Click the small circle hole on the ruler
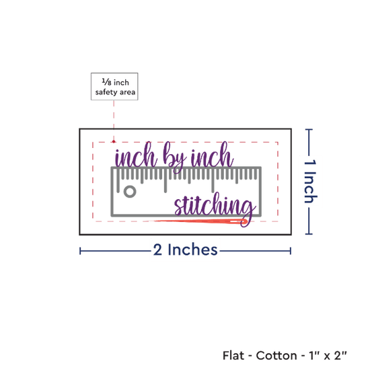[x=130, y=191]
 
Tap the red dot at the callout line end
[x=114, y=141]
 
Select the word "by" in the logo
[x=174, y=157]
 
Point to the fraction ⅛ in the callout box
[x=107, y=82]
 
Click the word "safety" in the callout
[x=106, y=92]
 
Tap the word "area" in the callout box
[x=127, y=92]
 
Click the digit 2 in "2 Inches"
[x=157, y=250]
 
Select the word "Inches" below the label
[x=192, y=250]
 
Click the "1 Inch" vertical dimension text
[x=310, y=181]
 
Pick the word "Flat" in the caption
[x=233, y=355]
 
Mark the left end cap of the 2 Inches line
[x=80, y=251]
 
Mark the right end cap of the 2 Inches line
[x=291, y=251]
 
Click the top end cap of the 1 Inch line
[x=309, y=129]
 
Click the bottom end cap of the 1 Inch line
[x=309, y=234]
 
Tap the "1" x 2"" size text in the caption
[x=328, y=355]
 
